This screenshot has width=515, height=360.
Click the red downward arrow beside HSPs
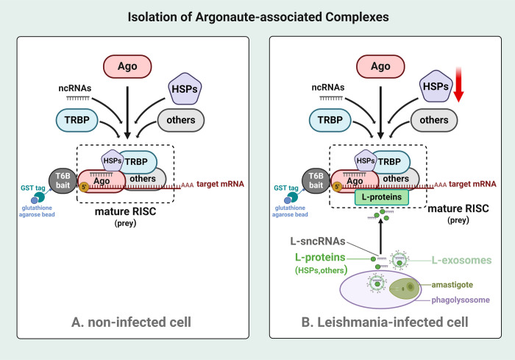point(458,84)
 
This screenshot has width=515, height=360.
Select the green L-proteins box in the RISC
point(382,197)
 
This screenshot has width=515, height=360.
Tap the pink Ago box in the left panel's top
point(127,66)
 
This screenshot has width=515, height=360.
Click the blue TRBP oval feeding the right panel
point(330,120)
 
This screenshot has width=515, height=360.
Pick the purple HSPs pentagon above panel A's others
point(185,89)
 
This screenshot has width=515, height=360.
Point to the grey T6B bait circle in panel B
point(316,180)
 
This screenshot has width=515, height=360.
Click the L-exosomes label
point(461,261)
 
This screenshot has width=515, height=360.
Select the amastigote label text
point(452,285)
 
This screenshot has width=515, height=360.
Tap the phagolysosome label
point(461,300)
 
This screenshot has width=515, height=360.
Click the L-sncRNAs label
point(318,241)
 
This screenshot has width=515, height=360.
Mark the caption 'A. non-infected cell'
point(131,322)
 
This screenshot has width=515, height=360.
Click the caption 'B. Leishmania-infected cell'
point(385,322)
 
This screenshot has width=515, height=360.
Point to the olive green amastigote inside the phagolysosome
point(405,289)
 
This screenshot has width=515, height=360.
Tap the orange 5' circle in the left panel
point(84,187)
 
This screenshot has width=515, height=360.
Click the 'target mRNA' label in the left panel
point(220,184)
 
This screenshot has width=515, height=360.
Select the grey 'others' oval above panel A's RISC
point(181,120)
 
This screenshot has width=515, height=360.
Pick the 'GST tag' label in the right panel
point(286,188)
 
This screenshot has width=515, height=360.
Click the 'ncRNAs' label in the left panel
point(75,88)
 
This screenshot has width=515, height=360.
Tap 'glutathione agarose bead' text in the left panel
point(37,211)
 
